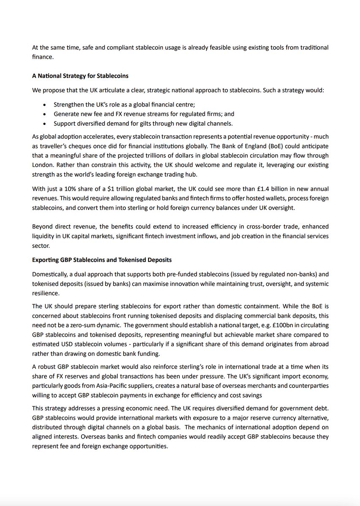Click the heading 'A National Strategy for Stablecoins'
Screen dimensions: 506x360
80,76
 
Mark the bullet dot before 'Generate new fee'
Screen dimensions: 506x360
46,114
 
